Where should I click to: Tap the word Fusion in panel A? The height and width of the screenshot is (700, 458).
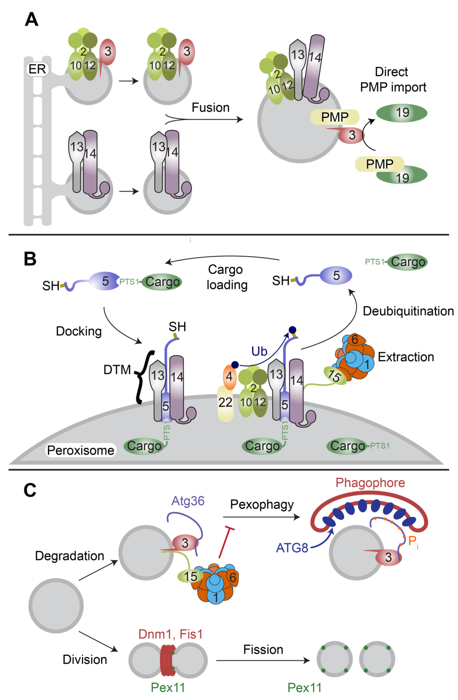click(210, 108)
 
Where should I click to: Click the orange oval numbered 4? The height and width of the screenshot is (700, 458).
click(229, 377)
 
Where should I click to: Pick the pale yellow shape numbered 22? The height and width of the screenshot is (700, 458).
click(225, 403)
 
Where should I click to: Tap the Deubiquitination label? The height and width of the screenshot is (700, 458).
click(408, 311)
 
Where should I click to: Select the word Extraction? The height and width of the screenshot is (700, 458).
click(406, 357)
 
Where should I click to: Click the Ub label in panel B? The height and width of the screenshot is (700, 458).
click(259, 351)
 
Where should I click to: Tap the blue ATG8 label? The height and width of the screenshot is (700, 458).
click(292, 548)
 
